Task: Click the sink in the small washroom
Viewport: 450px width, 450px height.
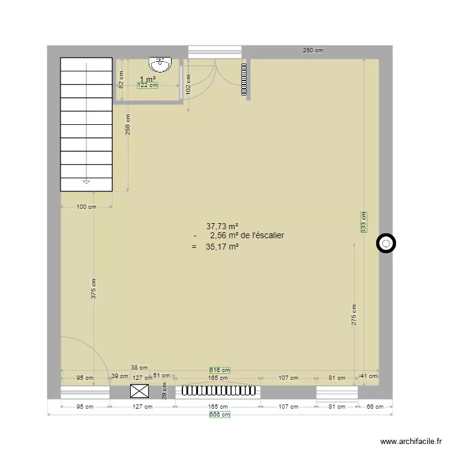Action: [161, 63]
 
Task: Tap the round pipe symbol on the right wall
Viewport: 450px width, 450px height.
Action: [386, 244]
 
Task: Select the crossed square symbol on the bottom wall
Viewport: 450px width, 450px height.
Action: [140, 392]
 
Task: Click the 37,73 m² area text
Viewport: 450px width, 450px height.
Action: [223, 226]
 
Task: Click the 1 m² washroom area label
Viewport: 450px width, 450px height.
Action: [148, 79]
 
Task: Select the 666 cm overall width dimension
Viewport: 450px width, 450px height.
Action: [220, 414]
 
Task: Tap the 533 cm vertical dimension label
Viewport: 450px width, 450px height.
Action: [363, 222]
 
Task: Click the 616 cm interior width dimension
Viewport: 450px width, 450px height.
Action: [220, 370]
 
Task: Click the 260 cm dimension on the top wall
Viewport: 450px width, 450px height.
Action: [313, 50]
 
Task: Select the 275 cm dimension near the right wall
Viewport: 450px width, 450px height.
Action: [354, 314]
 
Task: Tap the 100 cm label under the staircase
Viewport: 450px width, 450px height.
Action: [86, 207]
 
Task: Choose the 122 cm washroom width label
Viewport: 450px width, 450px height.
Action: [147, 85]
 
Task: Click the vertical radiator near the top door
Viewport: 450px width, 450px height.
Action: [244, 80]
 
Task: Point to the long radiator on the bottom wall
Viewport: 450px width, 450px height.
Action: [218, 391]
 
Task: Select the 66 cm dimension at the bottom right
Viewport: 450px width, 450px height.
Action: [375, 406]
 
